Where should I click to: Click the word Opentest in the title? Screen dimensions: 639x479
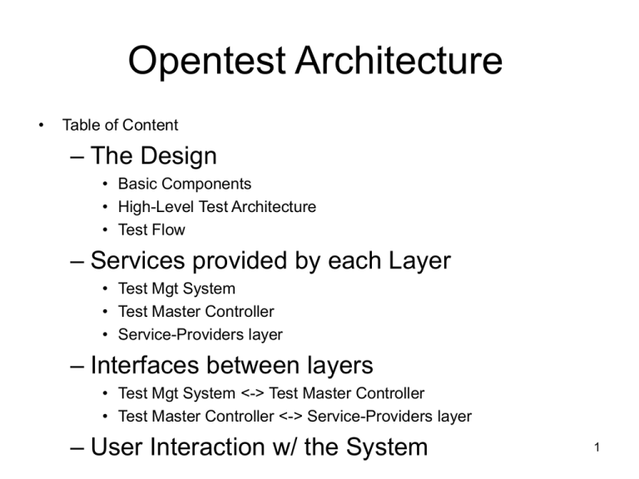pos(206,61)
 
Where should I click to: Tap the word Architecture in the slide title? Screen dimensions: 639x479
pos(399,60)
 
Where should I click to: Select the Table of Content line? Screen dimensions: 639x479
pos(120,125)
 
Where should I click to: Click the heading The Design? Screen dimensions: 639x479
pos(153,156)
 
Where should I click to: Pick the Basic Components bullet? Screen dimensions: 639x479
pos(185,184)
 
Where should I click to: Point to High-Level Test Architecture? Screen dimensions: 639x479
pos(217,207)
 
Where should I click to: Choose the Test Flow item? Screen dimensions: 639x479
pos(151,230)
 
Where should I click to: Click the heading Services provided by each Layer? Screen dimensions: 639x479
pos(270,260)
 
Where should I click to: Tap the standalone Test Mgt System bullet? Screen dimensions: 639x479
pos(176,289)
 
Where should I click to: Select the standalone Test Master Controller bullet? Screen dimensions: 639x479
pos(196,312)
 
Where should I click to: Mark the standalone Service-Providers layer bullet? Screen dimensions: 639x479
pos(200,335)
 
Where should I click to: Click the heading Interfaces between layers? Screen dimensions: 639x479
pos(231,365)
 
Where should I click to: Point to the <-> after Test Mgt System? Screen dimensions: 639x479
pos(253,393)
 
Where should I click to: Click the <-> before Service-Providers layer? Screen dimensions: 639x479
pos(290,417)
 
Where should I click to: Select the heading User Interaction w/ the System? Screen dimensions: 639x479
pos(259,447)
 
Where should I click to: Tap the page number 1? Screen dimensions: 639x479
pos(597,447)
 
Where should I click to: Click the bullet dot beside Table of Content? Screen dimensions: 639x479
pos(41,126)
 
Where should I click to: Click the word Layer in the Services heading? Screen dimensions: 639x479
pos(419,260)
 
